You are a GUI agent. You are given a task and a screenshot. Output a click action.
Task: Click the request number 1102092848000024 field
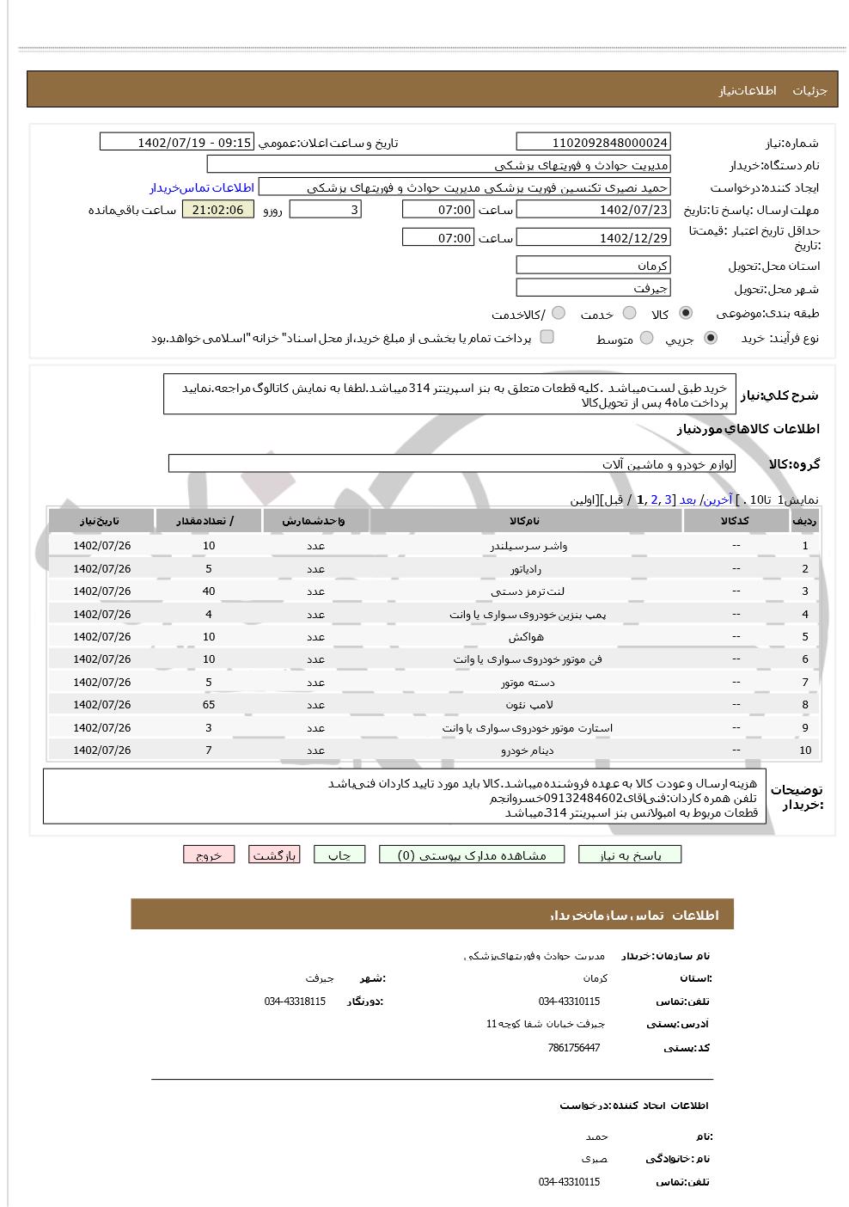[593, 143]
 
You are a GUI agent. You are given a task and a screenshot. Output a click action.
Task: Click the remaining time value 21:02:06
[218, 210]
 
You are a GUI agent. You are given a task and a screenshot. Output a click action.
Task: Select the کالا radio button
[685, 313]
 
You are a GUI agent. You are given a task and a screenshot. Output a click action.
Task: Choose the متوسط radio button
[647, 339]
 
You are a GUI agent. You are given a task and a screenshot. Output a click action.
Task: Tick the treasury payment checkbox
[547, 337]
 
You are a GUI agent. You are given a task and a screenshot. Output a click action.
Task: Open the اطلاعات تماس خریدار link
[203, 187]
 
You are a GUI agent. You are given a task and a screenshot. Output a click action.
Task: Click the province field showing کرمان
[593, 266]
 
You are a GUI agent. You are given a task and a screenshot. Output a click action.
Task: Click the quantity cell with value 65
[209, 705]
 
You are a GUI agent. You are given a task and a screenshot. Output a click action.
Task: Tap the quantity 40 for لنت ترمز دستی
[209, 591]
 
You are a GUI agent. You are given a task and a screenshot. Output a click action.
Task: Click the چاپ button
[339, 855]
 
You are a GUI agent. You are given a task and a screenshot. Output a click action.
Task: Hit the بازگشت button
[274, 855]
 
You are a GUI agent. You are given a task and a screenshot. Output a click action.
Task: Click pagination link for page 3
[668, 499]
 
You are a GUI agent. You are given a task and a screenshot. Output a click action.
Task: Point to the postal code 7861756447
[573, 1048]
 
